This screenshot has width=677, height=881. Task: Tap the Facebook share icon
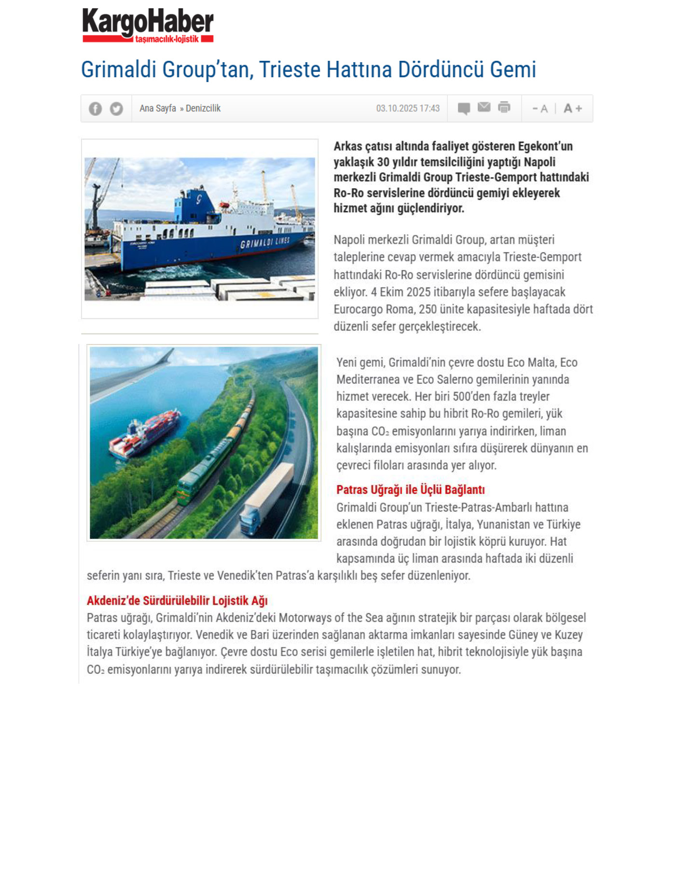click(x=95, y=109)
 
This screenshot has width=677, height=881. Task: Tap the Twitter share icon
click(x=116, y=109)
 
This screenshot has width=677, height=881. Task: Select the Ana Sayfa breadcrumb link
click(x=158, y=109)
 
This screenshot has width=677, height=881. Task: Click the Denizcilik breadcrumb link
click(x=203, y=109)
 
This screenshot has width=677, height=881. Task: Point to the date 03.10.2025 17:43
click(x=408, y=109)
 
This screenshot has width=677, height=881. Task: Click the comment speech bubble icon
click(x=464, y=109)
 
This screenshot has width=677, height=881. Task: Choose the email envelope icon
click(x=484, y=107)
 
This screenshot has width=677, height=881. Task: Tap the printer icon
click(x=504, y=107)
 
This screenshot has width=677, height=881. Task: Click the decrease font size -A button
click(x=540, y=109)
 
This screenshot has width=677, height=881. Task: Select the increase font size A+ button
click(x=573, y=109)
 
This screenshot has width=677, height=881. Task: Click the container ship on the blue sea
click(x=145, y=432)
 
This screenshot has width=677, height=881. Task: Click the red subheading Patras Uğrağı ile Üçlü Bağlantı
click(x=410, y=490)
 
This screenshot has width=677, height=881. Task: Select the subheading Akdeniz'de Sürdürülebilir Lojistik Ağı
click(x=177, y=601)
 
